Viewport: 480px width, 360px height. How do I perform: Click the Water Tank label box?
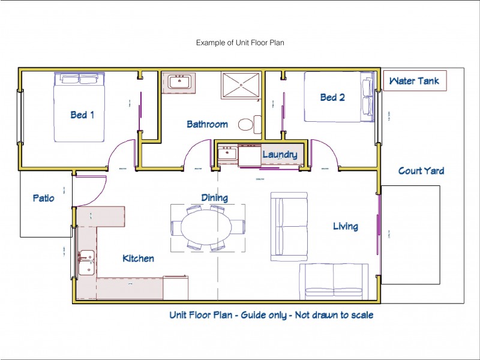point(414,81)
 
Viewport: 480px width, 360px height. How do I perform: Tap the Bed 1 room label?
point(82,114)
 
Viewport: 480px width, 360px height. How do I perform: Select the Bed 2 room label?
point(332,97)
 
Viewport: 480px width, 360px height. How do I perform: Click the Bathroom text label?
point(207,124)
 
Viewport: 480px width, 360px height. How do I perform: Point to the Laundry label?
point(280,155)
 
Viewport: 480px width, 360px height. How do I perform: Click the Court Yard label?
point(421,171)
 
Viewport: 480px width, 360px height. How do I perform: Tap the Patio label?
point(43,197)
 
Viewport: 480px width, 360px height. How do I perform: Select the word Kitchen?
point(138,259)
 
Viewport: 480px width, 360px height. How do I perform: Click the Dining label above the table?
point(214,197)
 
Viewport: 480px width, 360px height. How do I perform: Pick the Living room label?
point(346,226)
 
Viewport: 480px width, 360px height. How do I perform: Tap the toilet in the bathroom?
point(247,124)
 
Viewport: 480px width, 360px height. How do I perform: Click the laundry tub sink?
point(227,154)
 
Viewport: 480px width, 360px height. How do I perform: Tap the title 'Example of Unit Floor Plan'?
point(240,43)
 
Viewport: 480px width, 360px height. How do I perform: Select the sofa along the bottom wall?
point(334,281)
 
